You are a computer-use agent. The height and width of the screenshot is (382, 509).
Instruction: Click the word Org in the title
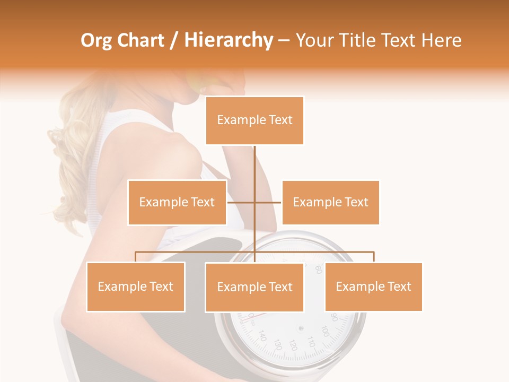[x=96, y=40]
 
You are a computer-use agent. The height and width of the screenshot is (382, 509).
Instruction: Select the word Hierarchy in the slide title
[x=229, y=40]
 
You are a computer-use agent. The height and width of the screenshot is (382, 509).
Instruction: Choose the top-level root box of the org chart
[x=254, y=120]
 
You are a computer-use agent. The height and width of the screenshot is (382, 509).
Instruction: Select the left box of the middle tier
[x=177, y=202]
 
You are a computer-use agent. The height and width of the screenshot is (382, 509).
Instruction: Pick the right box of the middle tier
[x=330, y=202]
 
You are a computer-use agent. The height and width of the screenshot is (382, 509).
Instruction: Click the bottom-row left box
[x=136, y=286]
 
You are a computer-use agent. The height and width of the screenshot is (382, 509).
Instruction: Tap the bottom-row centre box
[x=254, y=287]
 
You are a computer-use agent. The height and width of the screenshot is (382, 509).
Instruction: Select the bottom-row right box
[x=373, y=286]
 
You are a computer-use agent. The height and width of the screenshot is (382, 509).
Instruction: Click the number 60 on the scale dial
[x=318, y=269]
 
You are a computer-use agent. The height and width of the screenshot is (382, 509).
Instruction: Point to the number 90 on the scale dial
[x=335, y=317]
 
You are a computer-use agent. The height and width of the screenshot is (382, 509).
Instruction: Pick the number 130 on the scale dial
[x=276, y=344]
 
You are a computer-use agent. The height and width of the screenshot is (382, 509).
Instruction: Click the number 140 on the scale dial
[x=262, y=336]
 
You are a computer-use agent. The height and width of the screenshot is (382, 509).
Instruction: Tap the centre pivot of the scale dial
[x=301, y=328]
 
